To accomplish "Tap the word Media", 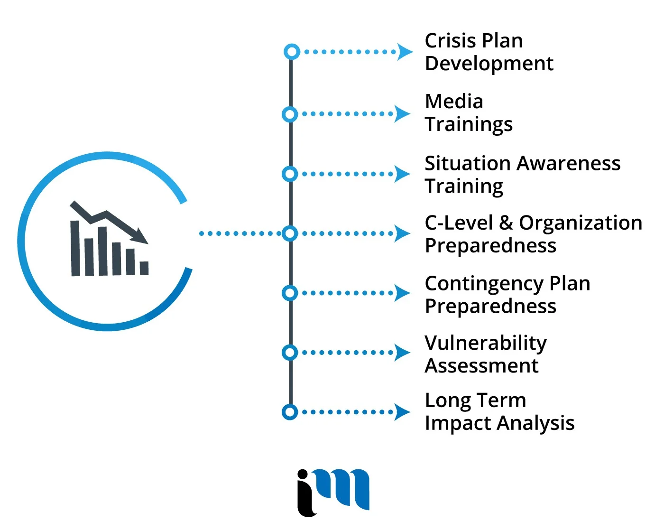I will tap(454, 102).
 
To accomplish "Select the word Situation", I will tap(467, 164).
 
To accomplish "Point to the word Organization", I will tap(581, 223).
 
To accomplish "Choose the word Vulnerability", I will tap(485, 344).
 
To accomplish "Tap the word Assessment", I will tap(481, 366).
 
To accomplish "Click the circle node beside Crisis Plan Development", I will tap(292, 51).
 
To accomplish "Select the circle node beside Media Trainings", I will tap(290, 114).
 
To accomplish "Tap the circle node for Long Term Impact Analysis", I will tap(290, 412).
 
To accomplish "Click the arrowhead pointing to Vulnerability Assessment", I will tap(403, 353).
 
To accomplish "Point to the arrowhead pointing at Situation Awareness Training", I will tap(403, 174).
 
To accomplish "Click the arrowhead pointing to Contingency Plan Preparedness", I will tap(403, 293).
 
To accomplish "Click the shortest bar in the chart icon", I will tap(144, 268).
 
